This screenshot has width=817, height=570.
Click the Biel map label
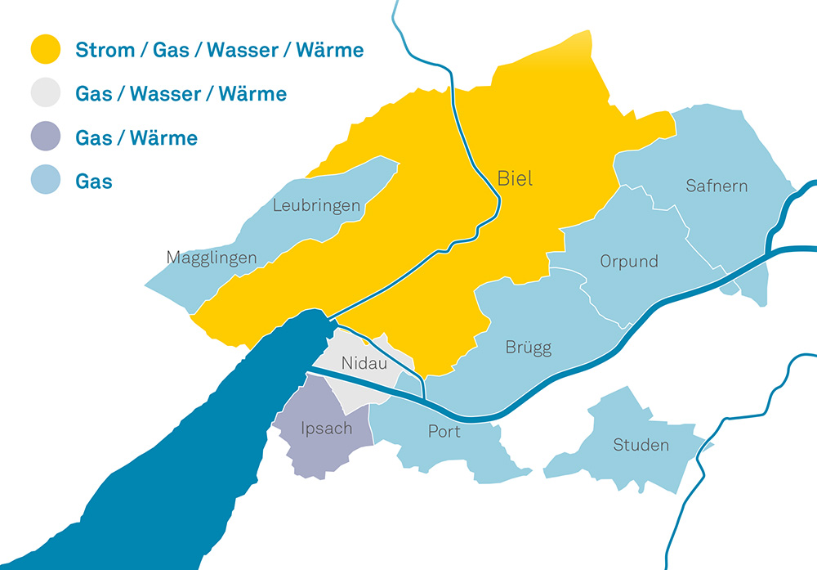click(515, 178)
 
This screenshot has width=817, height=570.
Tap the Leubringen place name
click(317, 204)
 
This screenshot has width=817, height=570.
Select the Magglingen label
click(212, 258)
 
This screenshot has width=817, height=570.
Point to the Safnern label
click(717, 186)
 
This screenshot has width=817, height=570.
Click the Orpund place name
click(628, 263)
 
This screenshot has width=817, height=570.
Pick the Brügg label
click(529, 348)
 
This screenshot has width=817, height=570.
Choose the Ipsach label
click(326, 428)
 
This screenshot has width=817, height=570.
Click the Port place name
click(444, 431)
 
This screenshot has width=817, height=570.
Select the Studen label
click(641, 446)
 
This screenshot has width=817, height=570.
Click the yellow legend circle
click(46, 50)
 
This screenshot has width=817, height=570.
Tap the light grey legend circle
click(46, 93)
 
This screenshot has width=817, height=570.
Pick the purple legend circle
click(46, 137)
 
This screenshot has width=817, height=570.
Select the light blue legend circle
click(46, 181)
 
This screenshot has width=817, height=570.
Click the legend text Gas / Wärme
click(136, 137)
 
